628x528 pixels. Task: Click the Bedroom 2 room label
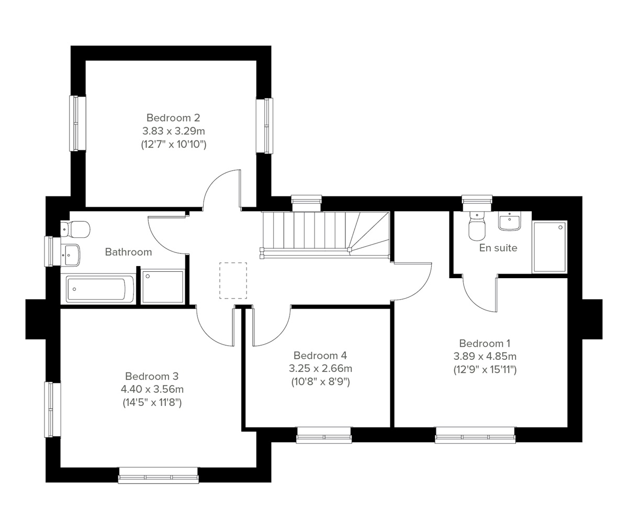(173, 118)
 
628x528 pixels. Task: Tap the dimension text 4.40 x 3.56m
(152, 389)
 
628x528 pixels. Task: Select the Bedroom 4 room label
(320, 356)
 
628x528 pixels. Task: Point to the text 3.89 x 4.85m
(485, 356)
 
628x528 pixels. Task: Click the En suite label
(498, 248)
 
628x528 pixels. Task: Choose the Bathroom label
(128, 252)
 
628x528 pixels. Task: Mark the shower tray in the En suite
(549, 247)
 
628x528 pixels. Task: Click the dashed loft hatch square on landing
(233, 280)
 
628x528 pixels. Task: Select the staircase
(324, 233)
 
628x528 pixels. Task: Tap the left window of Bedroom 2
(77, 123)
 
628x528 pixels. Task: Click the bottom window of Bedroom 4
(324, 435)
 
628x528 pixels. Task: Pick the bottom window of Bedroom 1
(475, 435)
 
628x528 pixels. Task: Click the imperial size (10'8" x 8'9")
(320, 382)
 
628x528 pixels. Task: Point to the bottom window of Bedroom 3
(158, 476)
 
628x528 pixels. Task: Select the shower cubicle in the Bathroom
(163, 287)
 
